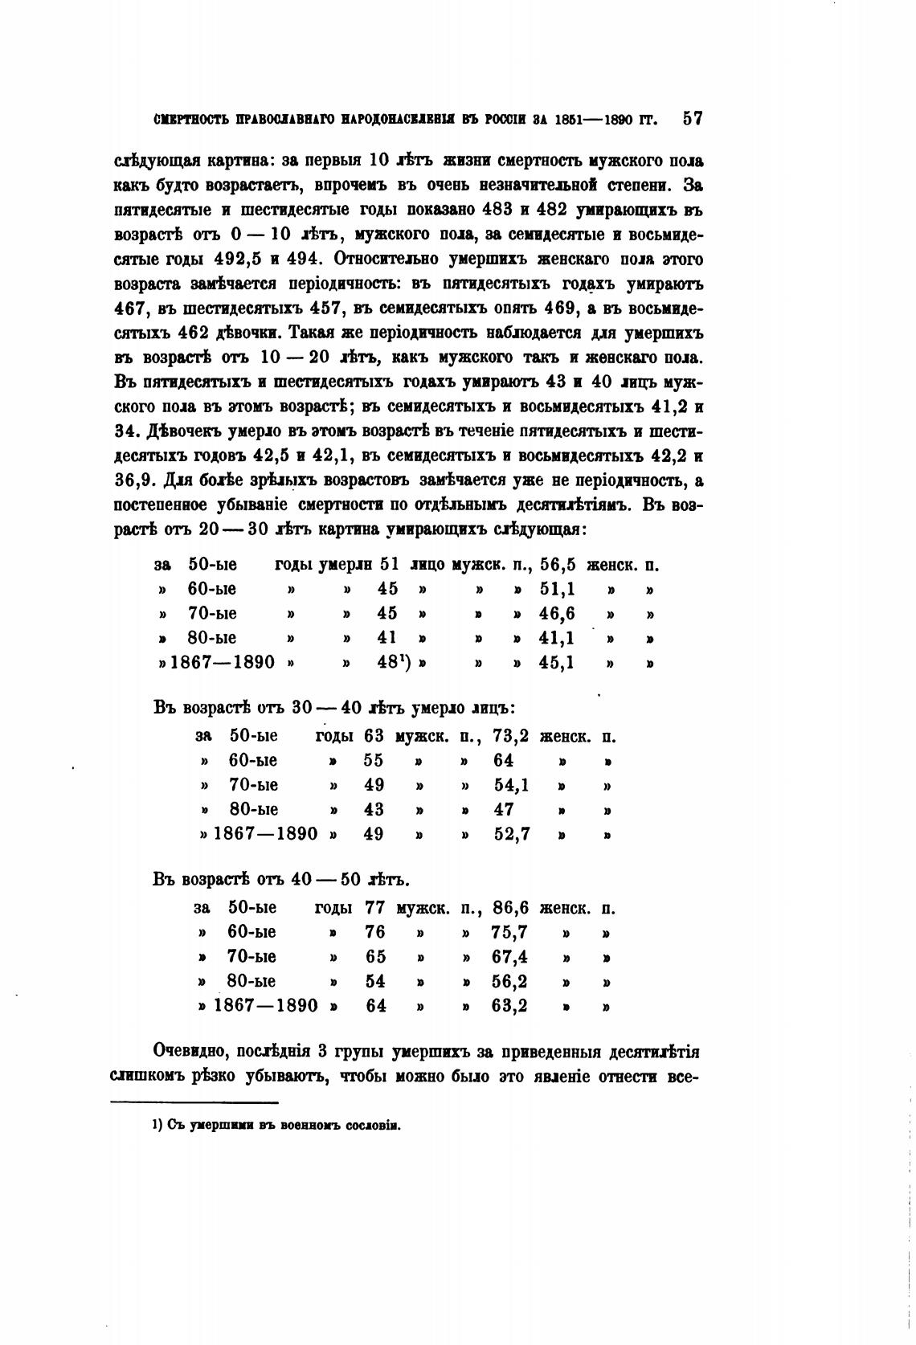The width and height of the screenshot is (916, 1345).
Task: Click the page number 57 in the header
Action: click(692, 119)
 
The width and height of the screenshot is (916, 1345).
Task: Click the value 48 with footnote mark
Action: click(388, 664)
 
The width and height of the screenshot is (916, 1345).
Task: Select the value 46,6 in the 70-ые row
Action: click(557, 615)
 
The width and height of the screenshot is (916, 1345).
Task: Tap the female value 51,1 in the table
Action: click(557, 590)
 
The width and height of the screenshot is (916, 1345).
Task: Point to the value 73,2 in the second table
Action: click(511, 736)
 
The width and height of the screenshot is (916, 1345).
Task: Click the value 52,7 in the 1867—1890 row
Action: click(512, 834)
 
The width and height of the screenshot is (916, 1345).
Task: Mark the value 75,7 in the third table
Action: click(509, 932)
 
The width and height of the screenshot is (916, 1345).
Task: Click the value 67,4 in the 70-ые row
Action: click(509, 957)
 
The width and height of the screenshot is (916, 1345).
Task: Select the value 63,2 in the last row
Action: click(509, 1005)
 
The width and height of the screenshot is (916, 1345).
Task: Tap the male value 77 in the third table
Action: click(374, 908)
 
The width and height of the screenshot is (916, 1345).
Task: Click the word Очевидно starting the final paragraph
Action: click(191, 1052)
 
